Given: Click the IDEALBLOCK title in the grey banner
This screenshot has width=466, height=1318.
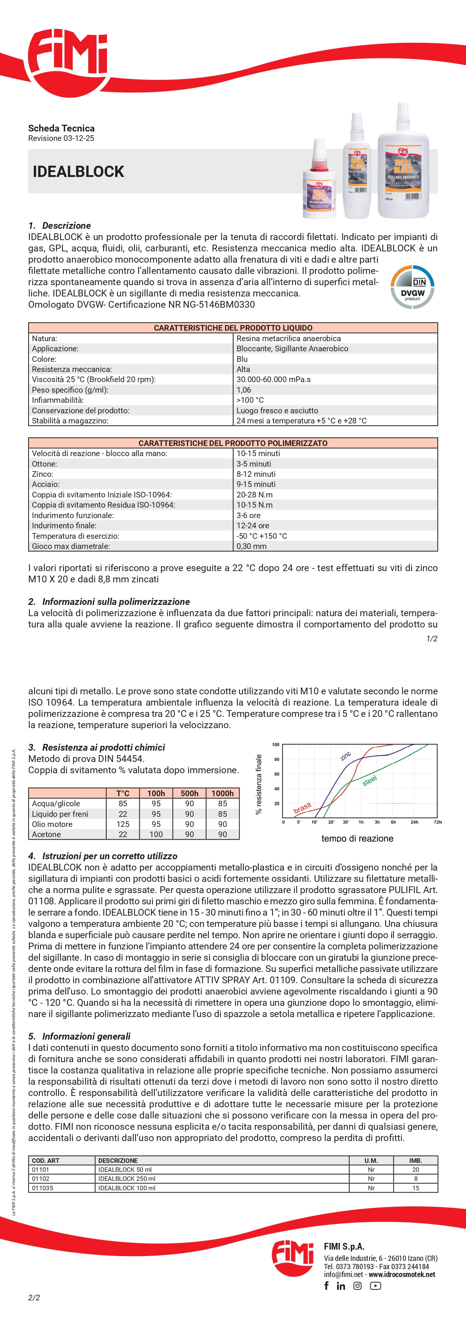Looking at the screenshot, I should (x=78, y=171).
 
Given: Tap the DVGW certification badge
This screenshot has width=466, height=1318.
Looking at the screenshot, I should (x=412, y=287).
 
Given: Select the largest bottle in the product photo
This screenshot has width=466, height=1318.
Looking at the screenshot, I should (x=403, y=164).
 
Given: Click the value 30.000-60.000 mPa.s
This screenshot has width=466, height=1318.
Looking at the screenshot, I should (x=273, y=379).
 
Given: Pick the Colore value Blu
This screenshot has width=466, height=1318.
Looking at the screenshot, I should (x=242, y=359).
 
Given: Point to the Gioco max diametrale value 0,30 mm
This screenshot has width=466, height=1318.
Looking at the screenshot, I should (x=251, y=546).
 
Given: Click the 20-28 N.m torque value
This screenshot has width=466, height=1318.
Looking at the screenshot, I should (x=254, y=495).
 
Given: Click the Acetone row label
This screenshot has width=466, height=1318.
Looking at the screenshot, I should (x=47, y=834).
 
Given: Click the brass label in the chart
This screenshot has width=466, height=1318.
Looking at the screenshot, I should (x=302, y=807).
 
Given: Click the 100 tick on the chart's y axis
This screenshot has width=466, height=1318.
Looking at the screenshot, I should (x=276, y=745).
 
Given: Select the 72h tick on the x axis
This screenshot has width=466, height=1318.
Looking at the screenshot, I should (x=437, y=822).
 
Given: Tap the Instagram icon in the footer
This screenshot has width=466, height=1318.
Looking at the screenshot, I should (x=357, y=1286).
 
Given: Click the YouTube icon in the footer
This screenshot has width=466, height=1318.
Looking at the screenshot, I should (x=376, y=1286).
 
